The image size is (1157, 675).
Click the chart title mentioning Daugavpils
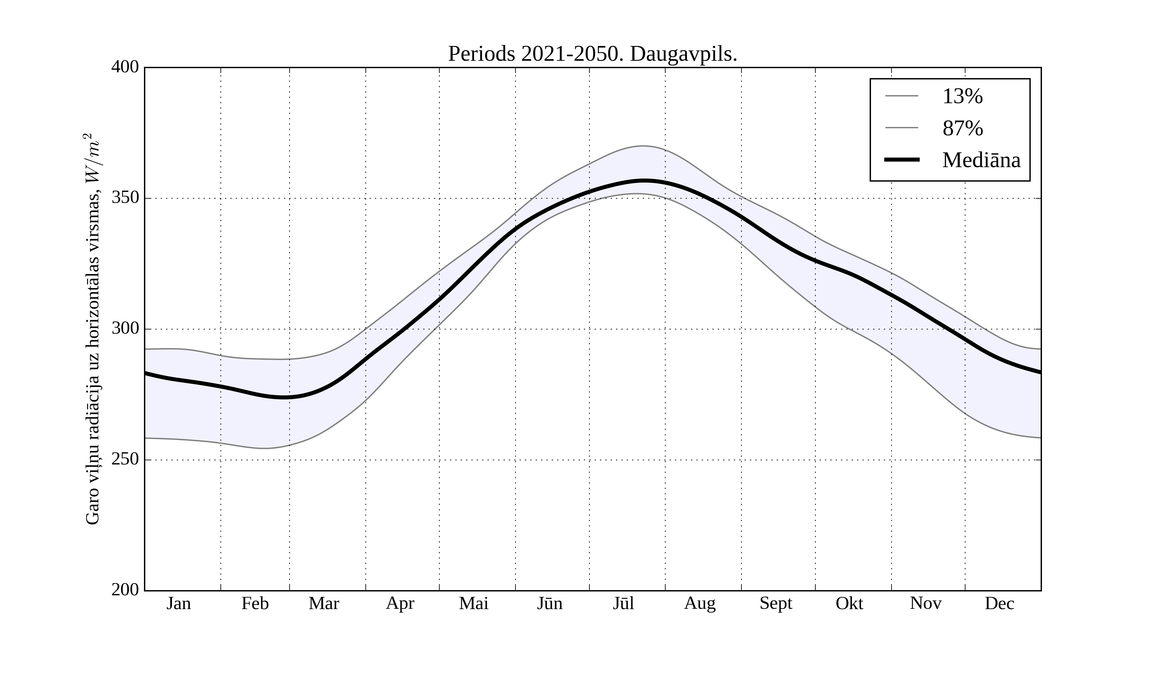592,54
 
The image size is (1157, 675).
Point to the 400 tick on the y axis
125,67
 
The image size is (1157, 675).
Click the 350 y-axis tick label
125,198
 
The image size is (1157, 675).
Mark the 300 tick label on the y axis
125,329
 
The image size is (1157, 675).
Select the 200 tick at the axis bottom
125,590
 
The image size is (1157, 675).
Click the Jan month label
179,603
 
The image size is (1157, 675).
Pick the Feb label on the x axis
255,603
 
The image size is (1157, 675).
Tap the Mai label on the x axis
473,603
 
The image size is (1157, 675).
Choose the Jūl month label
623,603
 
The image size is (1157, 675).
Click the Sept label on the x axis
776,603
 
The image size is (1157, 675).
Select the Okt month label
849,603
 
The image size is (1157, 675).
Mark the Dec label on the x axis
1000,603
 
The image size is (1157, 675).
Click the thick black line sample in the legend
902,160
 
